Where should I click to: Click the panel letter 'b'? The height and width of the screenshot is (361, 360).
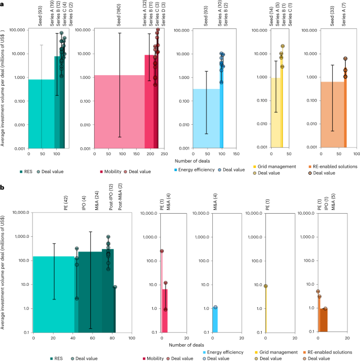(x=3, y=187)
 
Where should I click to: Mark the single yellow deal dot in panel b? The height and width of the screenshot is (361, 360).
(x=266, y=286)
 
